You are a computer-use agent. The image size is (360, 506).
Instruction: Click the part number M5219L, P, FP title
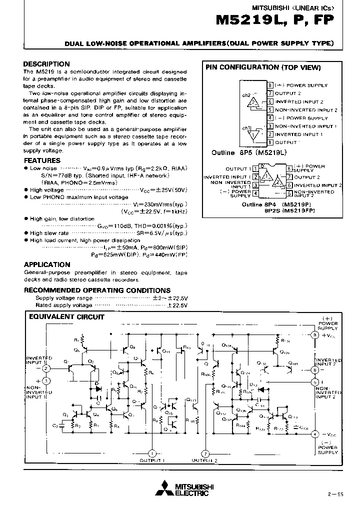(x=274, y=20)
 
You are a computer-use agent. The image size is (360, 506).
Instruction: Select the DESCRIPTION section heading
(x=47, y=64)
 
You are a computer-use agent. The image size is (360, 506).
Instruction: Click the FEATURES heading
(x=42, y=160)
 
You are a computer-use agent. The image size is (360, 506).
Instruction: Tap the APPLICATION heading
(x=47, y=264)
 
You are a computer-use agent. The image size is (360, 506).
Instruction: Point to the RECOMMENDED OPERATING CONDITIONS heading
(x=97, y=290)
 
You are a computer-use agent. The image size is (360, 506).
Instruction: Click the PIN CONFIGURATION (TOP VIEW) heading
(x=263, y=67)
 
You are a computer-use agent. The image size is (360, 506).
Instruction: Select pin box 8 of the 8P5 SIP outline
(x=270, y=85)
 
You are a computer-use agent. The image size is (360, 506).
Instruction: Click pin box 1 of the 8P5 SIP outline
(x=270, y=142)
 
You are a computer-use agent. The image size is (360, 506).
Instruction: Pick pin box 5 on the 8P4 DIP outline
(x=289, y=193)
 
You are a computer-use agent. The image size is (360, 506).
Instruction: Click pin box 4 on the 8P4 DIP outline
(x=255, y=193)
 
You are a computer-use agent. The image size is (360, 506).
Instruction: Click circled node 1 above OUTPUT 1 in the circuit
(x=151, y=453)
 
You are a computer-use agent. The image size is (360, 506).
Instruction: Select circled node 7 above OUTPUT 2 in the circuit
(x=205, y=453)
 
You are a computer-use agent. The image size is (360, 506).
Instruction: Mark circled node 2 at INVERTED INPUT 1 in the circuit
(x=46, y=368)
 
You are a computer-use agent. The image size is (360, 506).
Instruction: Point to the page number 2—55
(x=335, y=494)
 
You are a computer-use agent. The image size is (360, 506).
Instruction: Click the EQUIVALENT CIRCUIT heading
(x=66, y=316)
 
